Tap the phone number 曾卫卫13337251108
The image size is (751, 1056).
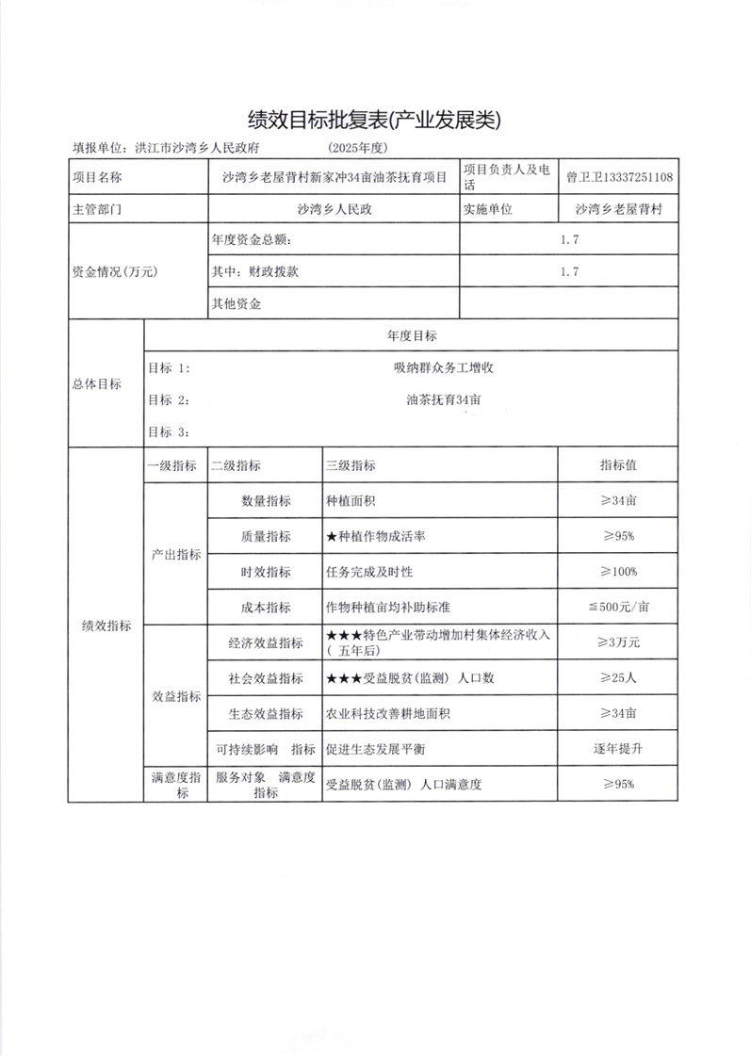tap(619, 176)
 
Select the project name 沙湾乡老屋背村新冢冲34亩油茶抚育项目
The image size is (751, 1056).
tap(333, 176)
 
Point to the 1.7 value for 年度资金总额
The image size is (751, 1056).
tap(568, 240)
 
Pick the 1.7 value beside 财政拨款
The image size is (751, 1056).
tap(568, 271)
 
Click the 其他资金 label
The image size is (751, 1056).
tap(237, 303)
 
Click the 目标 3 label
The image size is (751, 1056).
tap(169, 431)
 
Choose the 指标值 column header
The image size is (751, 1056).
tap(618, 465)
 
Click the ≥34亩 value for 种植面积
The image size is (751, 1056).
tap(618, 500)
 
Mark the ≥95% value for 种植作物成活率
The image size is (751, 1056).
tap(618, 536)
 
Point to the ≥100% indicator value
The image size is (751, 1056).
tap(618, 572)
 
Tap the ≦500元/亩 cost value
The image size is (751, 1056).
tap(618, 608)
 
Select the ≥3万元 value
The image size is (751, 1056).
tap(618, 642)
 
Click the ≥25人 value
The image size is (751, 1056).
tap(618, 678)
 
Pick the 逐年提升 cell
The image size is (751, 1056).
tap(618, 749)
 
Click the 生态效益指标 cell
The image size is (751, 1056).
tap(265, 714)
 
